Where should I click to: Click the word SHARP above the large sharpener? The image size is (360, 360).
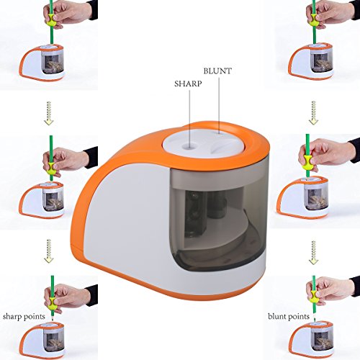(x=188, y=84)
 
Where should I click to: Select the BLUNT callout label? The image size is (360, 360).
(x=217, y=71)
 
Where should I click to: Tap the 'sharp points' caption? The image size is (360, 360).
(x=24, y=317)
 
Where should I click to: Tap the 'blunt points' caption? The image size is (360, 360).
(x=289, y=317)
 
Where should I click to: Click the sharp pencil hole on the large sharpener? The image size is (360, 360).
(x=189, y=146)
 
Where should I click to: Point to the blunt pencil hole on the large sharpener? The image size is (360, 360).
(x=219, y=132)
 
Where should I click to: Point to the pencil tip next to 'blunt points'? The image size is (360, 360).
(x=315, y=319)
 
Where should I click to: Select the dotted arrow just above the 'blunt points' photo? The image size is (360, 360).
(x=313, y=253)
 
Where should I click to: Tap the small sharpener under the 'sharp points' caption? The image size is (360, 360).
(x=42, y=341)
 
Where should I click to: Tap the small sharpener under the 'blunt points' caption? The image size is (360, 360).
(x=311, y=341)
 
